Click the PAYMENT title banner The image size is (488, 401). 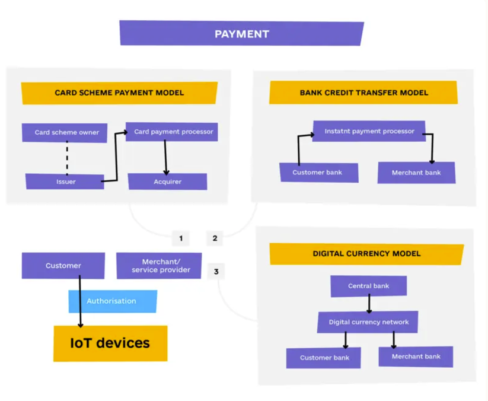[x=241, y=34]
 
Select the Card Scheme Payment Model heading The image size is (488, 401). [x=119, y=93]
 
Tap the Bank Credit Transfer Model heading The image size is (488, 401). [x=363, y=93]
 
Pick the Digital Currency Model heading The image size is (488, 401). [x=366, y=253]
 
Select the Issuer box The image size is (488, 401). [x=65, y=182]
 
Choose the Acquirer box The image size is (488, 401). [x=167, y=182]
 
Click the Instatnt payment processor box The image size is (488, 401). [x=369, y=131]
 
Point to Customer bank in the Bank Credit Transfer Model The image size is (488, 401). [x=318, y=173]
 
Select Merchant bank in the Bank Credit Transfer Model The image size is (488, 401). [x=416, y=173]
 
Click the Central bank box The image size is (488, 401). [x=368, y=286]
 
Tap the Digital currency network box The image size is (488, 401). [x=368, y=322]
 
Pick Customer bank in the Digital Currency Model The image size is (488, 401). [x=324, y=358]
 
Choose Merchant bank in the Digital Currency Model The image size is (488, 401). [x=416, y=357]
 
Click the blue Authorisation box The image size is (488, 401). [x=113, y=301]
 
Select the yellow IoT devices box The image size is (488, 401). [x=110, y=343]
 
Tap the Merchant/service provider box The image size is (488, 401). [x=159, y=266]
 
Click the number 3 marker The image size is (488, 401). [x=216, y=272]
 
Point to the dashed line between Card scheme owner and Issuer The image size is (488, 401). [x=67, y=157]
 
